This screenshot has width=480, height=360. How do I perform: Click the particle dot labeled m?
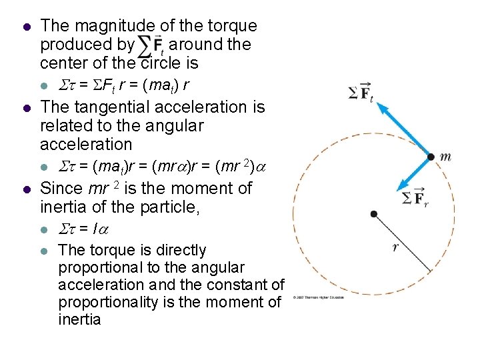click(431, 157)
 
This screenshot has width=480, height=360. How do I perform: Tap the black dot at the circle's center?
click(374, 213)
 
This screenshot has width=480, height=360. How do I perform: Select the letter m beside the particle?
click(445, 157)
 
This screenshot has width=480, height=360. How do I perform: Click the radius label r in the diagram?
click(395, 247)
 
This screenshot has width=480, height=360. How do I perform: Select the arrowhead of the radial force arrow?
click(403, 187)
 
